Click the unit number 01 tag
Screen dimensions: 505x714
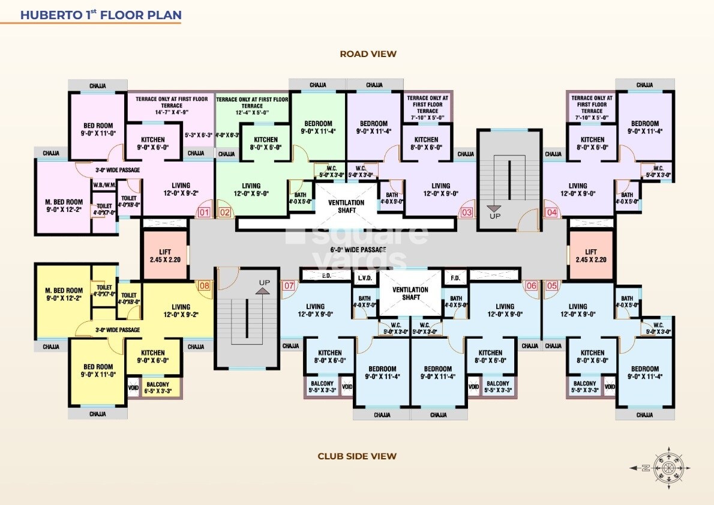[x=204, y=212]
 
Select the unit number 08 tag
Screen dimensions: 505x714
[x=205, y=286]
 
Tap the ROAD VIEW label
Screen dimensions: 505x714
[x=368, y=54]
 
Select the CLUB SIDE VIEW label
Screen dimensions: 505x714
[x=357, y=456]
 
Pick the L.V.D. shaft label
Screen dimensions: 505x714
[x=365, y=278]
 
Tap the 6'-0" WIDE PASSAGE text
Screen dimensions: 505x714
[x=358, y=249]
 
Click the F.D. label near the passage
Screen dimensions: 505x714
[x=455, y=278]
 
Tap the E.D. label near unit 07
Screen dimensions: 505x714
[x=327, y=276]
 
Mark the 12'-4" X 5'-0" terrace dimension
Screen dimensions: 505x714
[x=251, y=112]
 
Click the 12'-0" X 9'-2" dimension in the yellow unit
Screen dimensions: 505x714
[x=180, y=315]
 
